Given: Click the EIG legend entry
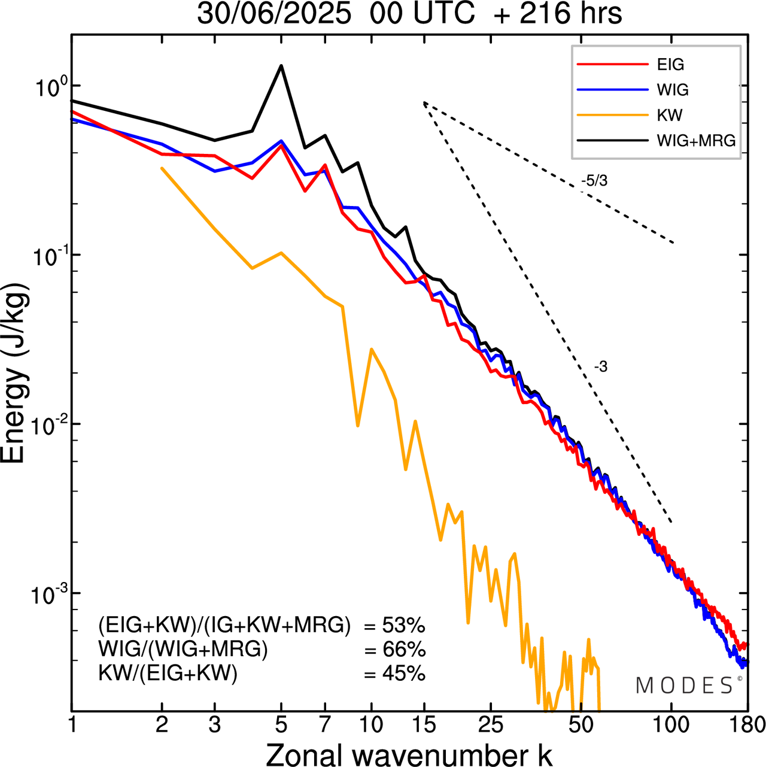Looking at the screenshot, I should tap(670, 65).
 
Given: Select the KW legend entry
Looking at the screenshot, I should tap(669, 115).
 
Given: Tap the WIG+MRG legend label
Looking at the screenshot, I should tap(696, 141).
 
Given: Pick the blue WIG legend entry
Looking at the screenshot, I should tap(673, 90).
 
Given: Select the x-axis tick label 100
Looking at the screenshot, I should tap(671, 725).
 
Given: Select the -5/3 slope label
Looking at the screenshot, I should tap(594, 181).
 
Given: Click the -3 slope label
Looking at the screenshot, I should tap(601, 367).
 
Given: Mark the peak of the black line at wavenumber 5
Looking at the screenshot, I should tap(281, 65).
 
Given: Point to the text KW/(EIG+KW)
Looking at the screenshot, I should tap(168, 674).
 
